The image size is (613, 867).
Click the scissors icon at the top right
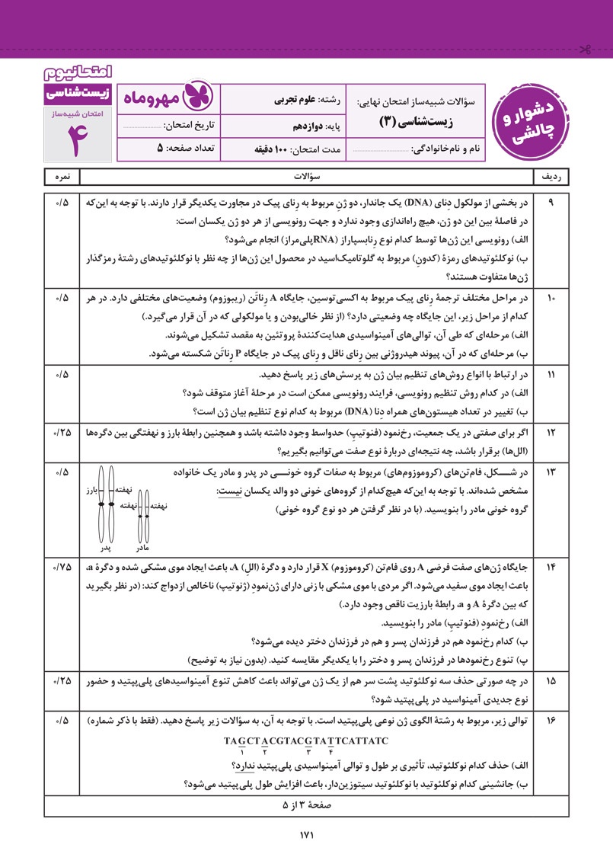[585, 51]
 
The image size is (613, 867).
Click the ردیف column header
[551, 176]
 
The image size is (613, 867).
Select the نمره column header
[62, 176]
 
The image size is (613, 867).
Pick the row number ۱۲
[551, 432]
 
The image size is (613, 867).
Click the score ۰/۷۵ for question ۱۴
[62, 567]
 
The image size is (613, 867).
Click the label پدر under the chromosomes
[107, 548]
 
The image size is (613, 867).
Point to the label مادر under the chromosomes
[142, 548]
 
